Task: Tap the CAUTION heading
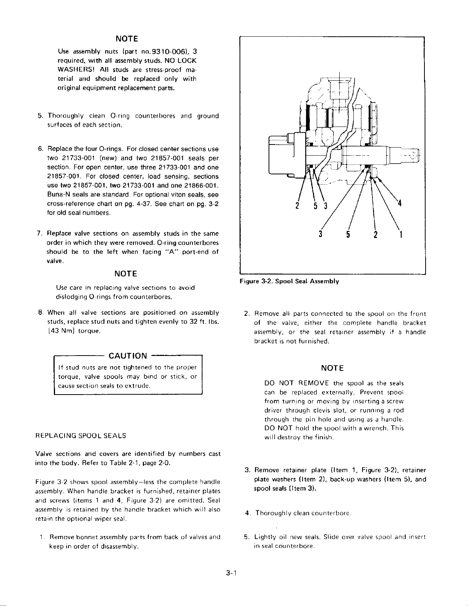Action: [128, 356]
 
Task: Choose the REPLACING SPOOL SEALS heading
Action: [80, 435]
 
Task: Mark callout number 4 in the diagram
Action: [399, 203]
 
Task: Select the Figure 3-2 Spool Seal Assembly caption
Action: [289, 281]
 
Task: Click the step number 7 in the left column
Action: [39, 234]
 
